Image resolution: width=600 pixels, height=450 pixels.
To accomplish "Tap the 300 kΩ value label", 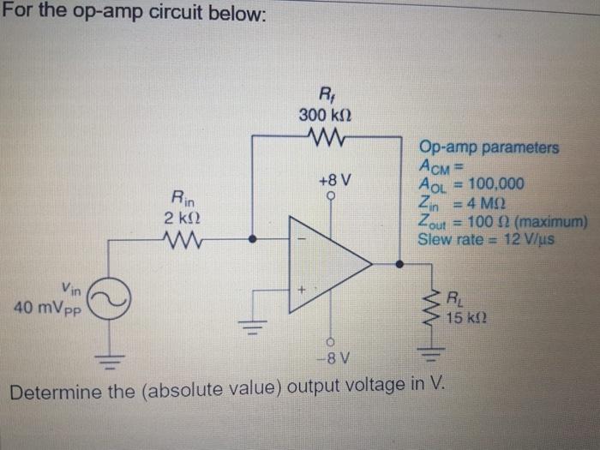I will pyautogui.click(x=327, y=114).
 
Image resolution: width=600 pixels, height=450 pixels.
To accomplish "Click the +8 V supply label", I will pyautogui.click(x=332, y=182).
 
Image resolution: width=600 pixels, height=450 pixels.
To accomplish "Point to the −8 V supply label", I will pyautogui.click(x=330, y=357).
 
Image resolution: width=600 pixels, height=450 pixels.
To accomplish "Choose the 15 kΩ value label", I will pyautogui.click(x=468, y=318).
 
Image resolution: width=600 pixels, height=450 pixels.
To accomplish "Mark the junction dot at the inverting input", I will pyautogui.click(x=251, y=240).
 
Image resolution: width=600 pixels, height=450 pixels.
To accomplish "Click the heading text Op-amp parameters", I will pyautogui.click(x=488, y=147).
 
